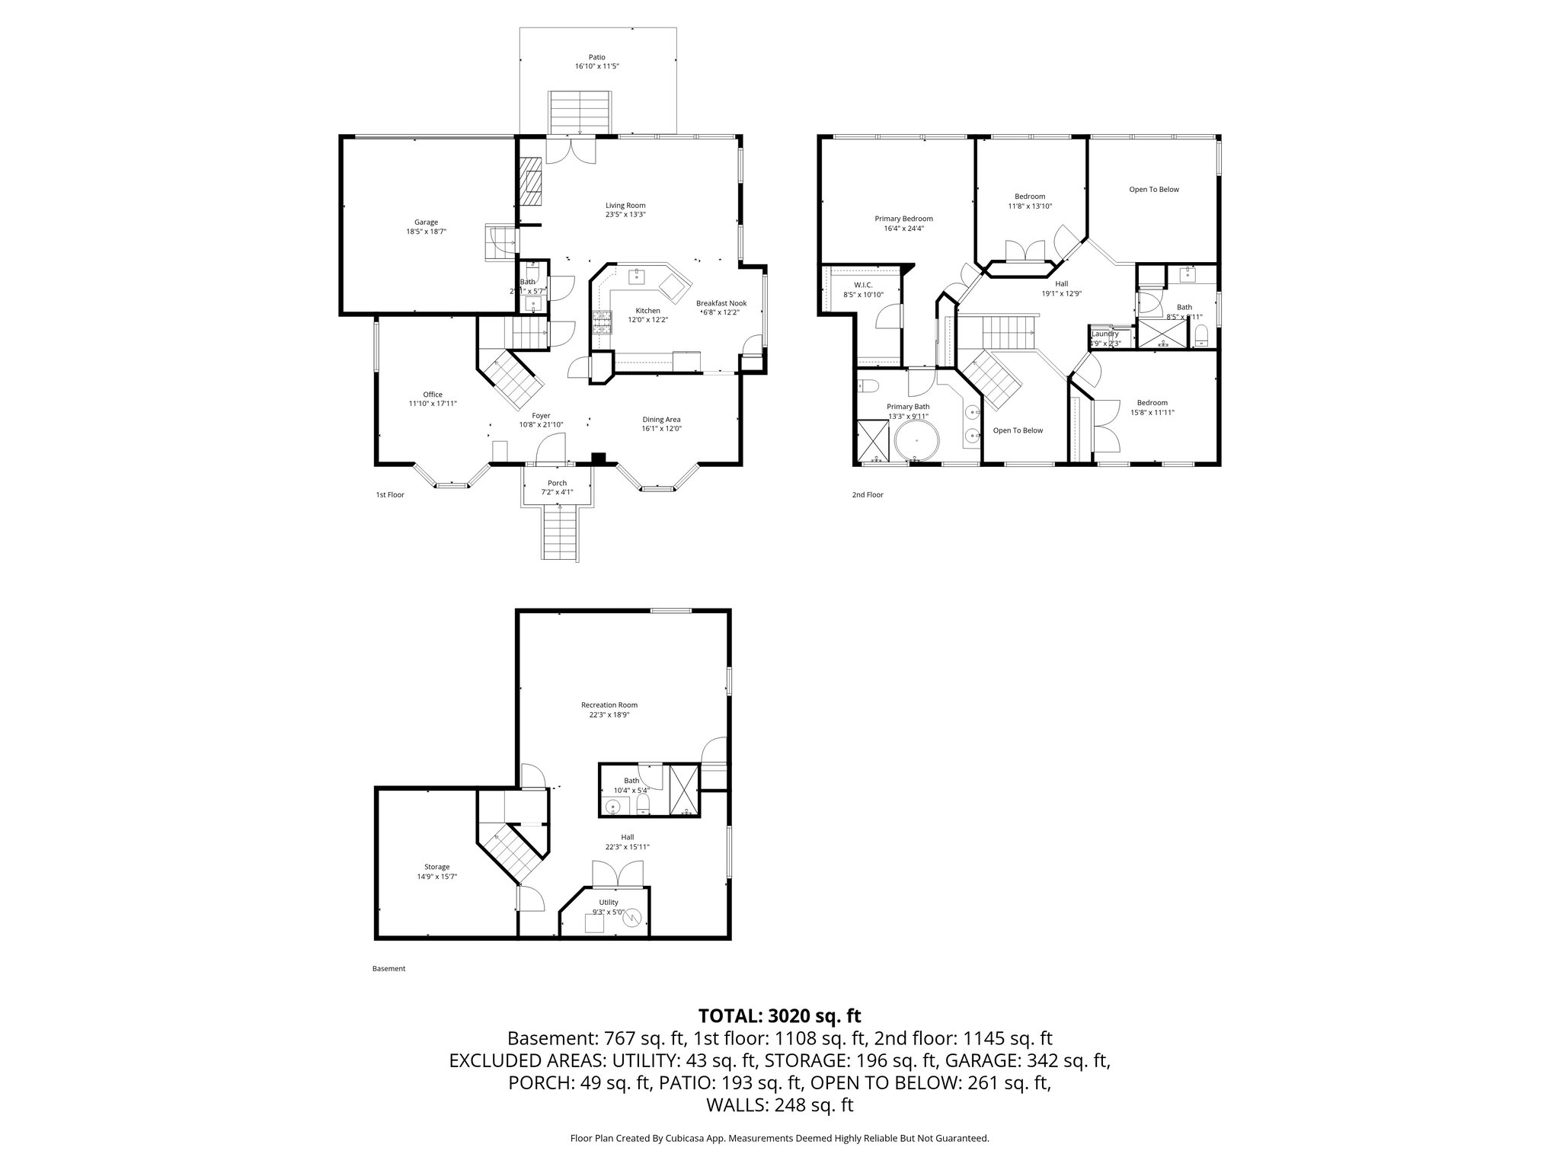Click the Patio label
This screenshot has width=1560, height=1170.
597,57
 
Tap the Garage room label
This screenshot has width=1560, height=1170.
426,222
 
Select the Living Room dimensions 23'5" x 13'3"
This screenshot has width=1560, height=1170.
625,214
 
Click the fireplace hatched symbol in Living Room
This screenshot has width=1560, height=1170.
531,182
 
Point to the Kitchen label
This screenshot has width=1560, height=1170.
647,311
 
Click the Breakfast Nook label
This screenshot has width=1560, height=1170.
721,303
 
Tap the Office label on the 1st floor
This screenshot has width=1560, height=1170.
433,395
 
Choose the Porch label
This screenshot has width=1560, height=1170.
557,483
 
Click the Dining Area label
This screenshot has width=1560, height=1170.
661,419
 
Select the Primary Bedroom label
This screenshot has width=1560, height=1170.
903,219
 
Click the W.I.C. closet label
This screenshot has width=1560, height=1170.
852,285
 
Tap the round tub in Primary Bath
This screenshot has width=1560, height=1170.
917,442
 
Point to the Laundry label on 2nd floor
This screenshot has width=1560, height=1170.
1104,334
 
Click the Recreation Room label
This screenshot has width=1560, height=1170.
609,705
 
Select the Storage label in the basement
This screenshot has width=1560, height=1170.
436,867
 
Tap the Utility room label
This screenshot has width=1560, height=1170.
608,903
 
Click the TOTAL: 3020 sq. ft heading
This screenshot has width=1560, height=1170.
779,1015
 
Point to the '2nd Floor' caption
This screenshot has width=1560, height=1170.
867,495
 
